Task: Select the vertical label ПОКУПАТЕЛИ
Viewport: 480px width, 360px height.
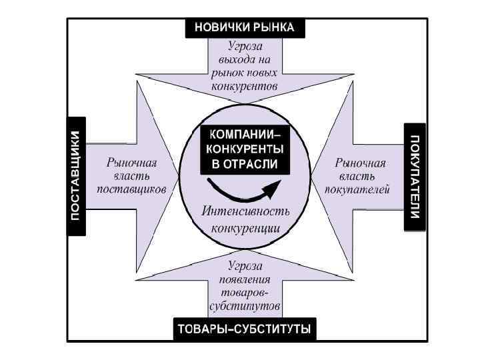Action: pos(414,176)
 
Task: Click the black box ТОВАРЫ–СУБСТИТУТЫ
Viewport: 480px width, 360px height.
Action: pos(245,329)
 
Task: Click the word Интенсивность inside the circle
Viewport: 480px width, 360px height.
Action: pos(245,211)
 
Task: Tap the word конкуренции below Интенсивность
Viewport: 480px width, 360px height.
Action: pos(245,228)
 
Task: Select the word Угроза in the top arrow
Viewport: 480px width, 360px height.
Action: pos(245,46)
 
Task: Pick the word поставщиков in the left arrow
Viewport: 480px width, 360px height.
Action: pos(131,189)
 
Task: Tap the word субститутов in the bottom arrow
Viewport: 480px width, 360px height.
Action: pos(245,307)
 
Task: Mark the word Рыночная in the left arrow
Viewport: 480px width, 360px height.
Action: pos(132,162)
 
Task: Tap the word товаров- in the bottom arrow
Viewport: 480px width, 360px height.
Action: pos(245,293)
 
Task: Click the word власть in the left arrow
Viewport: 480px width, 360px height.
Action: pos(133,175)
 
